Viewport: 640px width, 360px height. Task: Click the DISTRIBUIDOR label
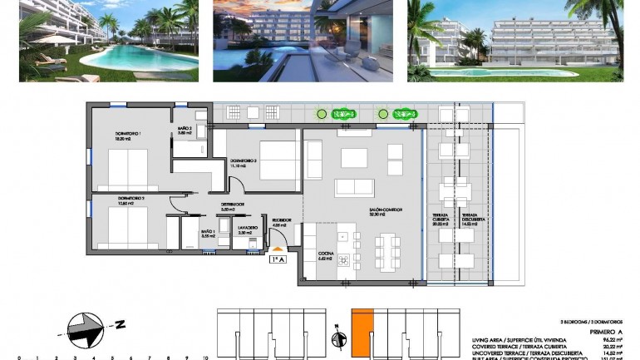232,204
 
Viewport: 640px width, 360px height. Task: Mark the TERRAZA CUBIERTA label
439,219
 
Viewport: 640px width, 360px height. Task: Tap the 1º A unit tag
278,260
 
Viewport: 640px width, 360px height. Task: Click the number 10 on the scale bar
205,357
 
